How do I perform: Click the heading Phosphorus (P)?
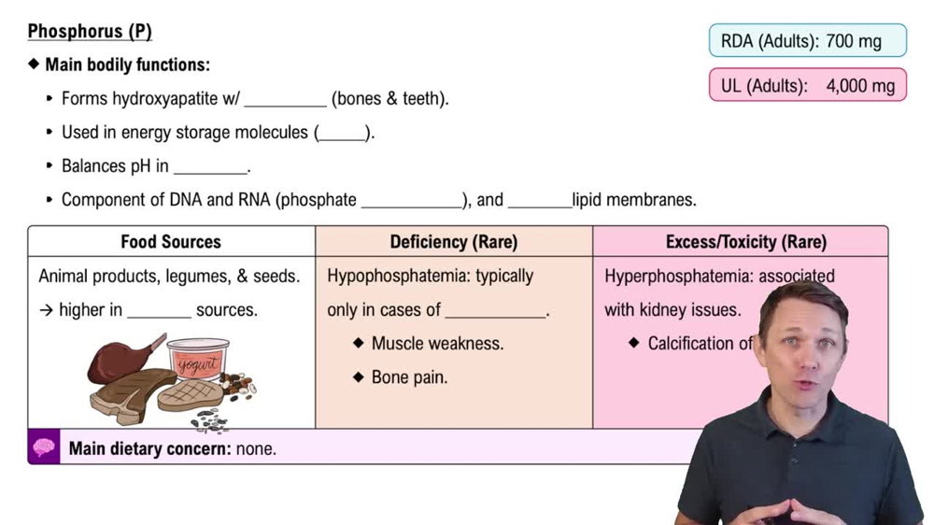tap(90, 32)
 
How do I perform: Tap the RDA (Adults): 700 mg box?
tap(807, 41)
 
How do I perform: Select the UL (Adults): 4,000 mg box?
tap(807, 86)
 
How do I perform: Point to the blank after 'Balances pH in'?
tap(210, 168)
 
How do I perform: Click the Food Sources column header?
tap(171, 242)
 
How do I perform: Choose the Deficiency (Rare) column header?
tap(454, 242)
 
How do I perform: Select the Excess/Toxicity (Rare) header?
tap(745, 242)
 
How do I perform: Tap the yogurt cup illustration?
tap(197, 360)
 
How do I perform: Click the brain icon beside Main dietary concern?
tap(44, 448)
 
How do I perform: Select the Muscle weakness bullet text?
tap(437, 344)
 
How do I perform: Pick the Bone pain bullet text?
tap(409, 377)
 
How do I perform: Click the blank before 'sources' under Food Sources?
tap(159, 312)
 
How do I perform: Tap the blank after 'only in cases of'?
tap(495, 312)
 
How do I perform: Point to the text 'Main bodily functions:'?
tap(127, 65)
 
